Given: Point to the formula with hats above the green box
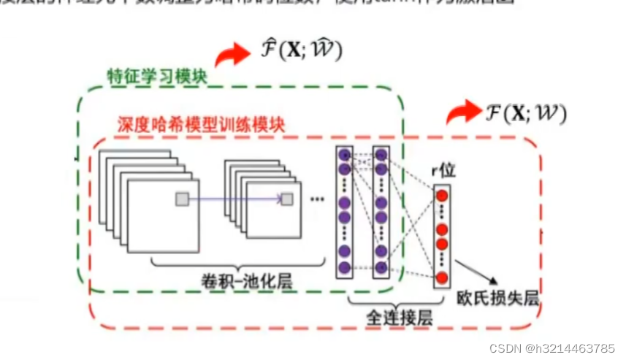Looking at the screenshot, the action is [x=302, y=51].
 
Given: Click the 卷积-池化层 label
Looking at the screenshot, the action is [x=240, y=280].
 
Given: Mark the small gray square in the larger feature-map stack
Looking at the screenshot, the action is [x=181, y=199].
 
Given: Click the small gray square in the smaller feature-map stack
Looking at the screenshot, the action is [x=287, y=199].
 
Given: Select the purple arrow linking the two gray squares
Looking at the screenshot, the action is [x=234, y=199].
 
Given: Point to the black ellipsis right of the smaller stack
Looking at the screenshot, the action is [x=317, y=199].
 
